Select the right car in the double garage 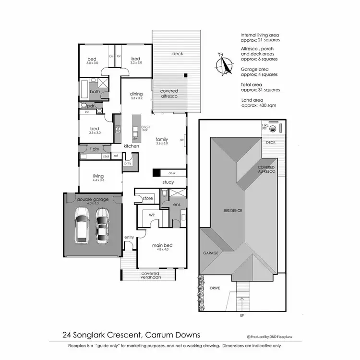coord(101,226)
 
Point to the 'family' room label coord(162,139)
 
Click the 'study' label coord(168,182)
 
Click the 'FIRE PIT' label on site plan coord(264,127)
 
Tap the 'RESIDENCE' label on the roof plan coord(232,210)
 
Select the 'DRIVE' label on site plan coord(215,288)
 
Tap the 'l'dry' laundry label coord(95,149)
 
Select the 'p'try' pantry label coord(128,163)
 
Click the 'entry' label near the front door coord(129,237)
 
